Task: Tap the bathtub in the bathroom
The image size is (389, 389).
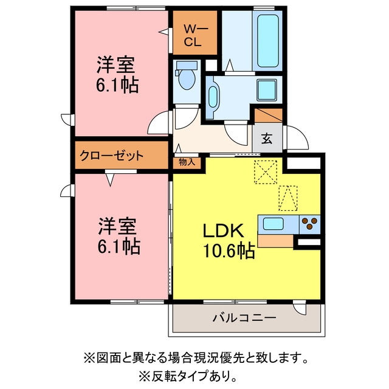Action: click(268, 41)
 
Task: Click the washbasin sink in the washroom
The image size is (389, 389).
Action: click(213, 97)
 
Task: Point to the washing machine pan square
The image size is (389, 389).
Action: click(267, 90)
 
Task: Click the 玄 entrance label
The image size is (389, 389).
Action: click(267, 139)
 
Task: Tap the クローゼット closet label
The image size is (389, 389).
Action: click(112, 156)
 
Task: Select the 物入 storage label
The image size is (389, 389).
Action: click(187, 162)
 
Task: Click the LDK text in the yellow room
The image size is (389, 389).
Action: click(223, 231)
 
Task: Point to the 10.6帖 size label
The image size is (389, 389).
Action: click(229, 250)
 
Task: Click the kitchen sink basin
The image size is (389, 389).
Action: click(273, 224)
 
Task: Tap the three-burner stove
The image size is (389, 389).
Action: click(310, 224)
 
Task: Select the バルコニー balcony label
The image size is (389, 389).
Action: click(244, 317)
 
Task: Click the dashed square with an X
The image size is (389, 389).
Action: click(266, 172)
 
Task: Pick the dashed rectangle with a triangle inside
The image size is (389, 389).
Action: click(287, 198)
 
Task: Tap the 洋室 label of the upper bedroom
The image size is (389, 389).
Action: click(115, 65)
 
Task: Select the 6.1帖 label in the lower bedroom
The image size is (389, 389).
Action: click(119, 246)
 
